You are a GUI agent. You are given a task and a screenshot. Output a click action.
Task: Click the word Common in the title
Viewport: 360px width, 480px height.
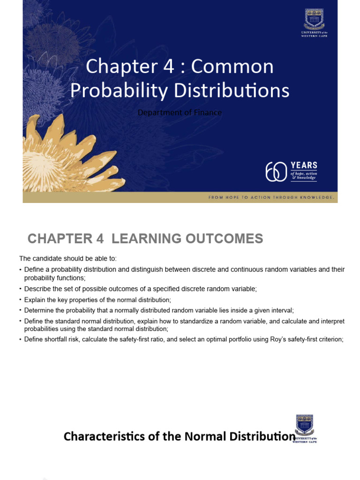click(232, 67)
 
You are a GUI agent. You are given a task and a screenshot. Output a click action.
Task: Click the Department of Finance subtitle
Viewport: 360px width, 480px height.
click(180, 112)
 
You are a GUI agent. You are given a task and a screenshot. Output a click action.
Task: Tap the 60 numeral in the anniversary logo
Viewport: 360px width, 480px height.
click(276, 172)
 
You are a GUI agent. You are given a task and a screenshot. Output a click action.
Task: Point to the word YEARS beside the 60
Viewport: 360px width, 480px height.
click(304, 165)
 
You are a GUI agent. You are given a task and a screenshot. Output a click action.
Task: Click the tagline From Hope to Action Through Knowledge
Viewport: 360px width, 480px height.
click(271, 198)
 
